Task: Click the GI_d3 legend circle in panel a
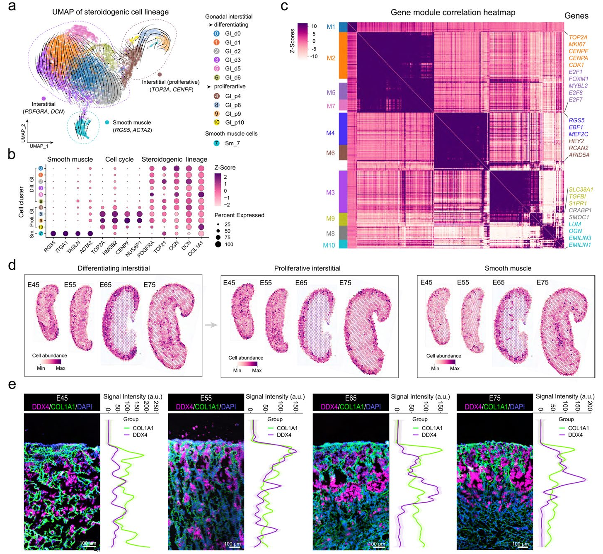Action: pos(216,60)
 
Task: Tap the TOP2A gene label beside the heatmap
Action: pos(578,37)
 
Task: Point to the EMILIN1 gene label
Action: pos(579,245)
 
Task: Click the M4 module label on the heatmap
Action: pos(330,133)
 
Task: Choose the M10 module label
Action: pos(329,245)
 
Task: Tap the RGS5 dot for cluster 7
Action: pos(53,234)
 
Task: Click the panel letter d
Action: pos(12,265)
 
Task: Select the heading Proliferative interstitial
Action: pos(307,268)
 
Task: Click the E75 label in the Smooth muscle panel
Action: pos(542,282)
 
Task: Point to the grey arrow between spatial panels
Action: pos(211,325)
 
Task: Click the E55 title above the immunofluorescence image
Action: pos(206,398)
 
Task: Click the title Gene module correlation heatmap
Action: pos(453,12)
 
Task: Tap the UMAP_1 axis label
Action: pos(39,146)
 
